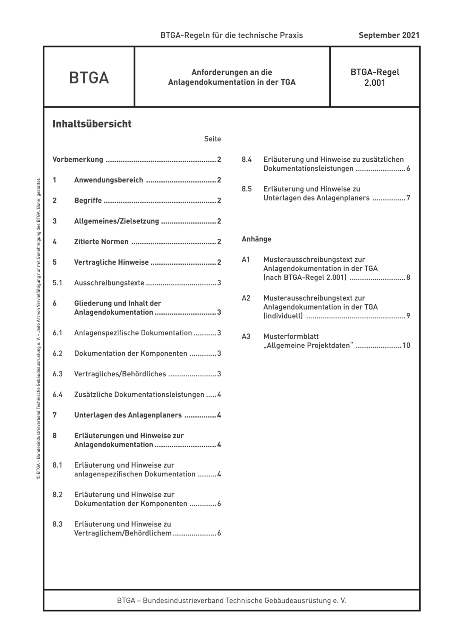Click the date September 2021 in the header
coord(388,35)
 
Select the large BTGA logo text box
coord(89,78)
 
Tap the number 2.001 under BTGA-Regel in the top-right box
coord(374,83)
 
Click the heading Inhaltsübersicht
coord(92,124)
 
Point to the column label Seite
coord(213,139)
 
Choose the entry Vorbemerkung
coord(78,160)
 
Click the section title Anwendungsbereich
coord(108,180)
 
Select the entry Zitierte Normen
coord(101,242)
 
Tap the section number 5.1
coord(57,283)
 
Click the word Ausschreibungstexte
coord(109,283)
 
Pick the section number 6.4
coord(57,395)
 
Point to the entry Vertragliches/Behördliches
coord(120,374)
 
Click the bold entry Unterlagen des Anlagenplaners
coord(128,415)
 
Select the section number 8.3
coord(57,524)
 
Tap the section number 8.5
coord(247,189)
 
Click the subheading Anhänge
coord(256,239)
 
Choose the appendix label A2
coord(246,298)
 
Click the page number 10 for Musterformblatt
coord(406,345)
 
